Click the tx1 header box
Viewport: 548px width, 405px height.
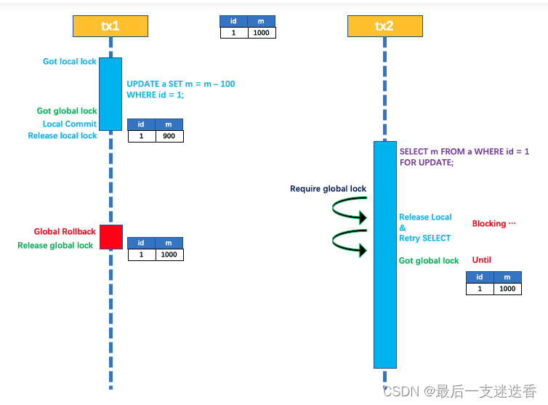(x=110, y=26)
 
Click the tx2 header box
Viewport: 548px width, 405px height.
(x=384, y=26)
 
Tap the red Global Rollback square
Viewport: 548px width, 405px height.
(x=110, y=236)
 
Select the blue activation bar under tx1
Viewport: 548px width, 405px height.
(x=110, y=94)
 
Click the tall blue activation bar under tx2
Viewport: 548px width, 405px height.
(x=384, y=254)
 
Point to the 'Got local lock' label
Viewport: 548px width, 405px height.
(x=70, y=62)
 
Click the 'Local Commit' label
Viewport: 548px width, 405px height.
(x=70, y=124)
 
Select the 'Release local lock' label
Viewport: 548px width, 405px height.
(x=63, y=136)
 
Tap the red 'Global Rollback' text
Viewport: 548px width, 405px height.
(x=65, y=232)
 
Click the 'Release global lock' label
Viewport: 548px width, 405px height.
(x=55, y=246)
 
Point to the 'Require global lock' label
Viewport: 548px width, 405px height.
(x=328, y=189)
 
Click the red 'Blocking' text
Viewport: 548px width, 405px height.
(x=493, y=224)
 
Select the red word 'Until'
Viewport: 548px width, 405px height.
(x=482, y=260)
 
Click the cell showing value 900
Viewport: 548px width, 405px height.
(x=169, y=136)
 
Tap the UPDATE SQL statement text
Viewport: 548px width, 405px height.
(x=181, y=89)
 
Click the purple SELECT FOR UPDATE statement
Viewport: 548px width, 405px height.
(x=464, y=157)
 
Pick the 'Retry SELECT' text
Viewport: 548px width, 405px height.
(x=424, y=238)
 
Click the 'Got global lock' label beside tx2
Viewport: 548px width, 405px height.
(x=429, y=261)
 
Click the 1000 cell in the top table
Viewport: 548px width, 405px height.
(x=261, y=33)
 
